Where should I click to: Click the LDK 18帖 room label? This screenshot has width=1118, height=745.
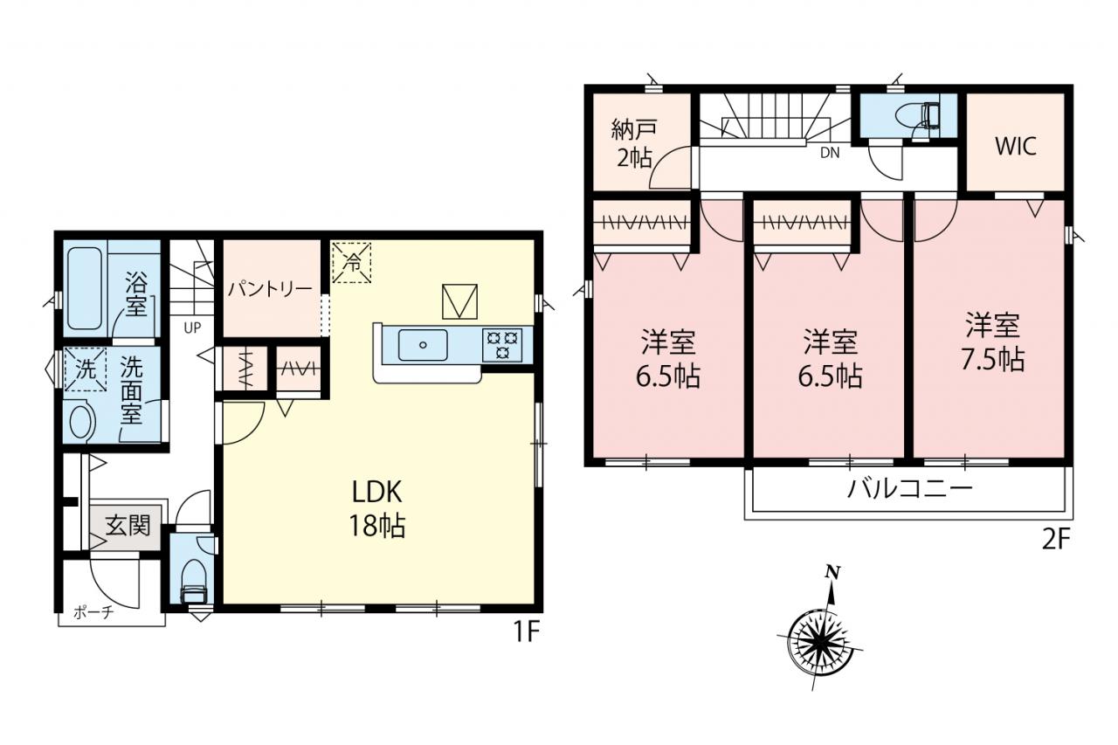tap(377, 509)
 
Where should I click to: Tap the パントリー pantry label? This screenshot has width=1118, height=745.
tap(271, 289)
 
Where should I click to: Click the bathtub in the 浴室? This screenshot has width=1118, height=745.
tap(85, 289)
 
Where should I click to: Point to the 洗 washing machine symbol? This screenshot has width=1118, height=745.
tap(86, 369)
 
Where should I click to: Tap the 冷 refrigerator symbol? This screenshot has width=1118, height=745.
tap(352, 262)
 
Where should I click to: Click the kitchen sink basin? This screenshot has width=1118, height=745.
tap(422, 345)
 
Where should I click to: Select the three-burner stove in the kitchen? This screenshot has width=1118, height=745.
tap(502, 344)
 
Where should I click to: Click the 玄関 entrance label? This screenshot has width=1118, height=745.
tap(128, 526)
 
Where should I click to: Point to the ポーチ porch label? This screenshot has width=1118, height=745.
tap(93, 612)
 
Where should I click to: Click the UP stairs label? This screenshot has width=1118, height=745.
tap(193, 328)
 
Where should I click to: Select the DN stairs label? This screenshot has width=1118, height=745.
tap(830, 153)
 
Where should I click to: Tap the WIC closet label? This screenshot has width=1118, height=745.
tap(1016, 146)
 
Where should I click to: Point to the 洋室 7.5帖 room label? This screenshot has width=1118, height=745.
tap(993, 342)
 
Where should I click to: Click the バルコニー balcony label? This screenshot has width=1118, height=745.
tap(910, 489)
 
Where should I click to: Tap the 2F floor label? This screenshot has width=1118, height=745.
tap(1056, 540)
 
